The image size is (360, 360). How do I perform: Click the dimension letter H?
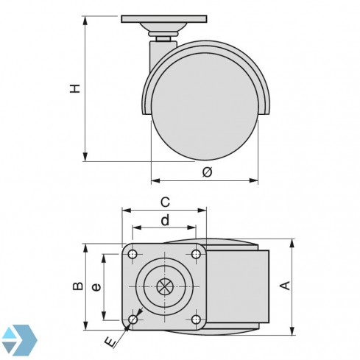click(74, 88)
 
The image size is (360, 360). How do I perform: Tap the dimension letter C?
click(166, 201)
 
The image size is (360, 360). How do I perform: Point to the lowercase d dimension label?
click(165, 219)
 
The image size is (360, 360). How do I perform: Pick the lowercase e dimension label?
click(95, 287)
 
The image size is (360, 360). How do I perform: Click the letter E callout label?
click(110, 343)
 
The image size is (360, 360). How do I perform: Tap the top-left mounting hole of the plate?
click(133, 254)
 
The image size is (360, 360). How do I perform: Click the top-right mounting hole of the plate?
click(196, 254)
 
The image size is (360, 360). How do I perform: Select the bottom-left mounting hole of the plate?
click(133, 319)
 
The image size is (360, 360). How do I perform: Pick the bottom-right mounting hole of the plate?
click(196, 319)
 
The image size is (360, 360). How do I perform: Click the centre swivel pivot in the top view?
click(164, 286)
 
